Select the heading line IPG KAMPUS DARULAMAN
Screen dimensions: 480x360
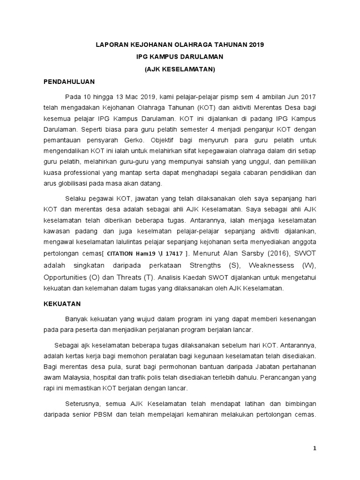click(x=180, y=57)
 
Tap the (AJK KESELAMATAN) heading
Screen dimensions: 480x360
click(x=180, y=69)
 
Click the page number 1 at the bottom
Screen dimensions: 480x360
click(x=315, y=449)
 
